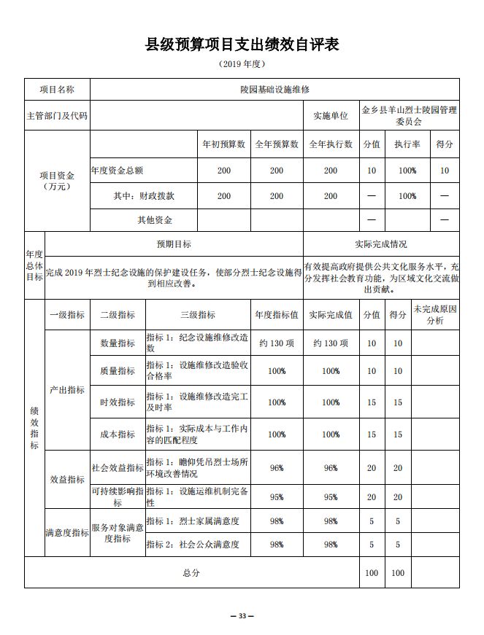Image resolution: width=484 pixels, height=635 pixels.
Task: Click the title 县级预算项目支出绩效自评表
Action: (242, 44)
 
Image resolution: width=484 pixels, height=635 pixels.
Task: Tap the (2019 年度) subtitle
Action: (242, 64)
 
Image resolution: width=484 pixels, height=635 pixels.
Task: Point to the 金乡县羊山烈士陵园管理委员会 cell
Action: (409, 116)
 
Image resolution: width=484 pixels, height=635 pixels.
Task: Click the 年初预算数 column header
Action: (223, 144)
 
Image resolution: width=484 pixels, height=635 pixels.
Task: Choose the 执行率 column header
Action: (407, 144)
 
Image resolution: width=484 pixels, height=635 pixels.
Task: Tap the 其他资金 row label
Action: (155, 219)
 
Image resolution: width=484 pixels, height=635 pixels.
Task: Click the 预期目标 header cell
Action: (174, 244)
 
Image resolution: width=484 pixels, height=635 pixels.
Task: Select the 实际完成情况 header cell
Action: (380, 244)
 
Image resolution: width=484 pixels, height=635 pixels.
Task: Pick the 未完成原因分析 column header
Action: (434, 315)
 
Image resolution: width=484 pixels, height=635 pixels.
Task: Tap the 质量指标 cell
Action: (118, 371)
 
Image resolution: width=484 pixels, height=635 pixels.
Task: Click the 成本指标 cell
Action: (118, 434)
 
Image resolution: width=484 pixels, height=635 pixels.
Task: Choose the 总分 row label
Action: (191, 573)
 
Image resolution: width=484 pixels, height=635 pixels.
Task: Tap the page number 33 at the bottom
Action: (242, 617)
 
